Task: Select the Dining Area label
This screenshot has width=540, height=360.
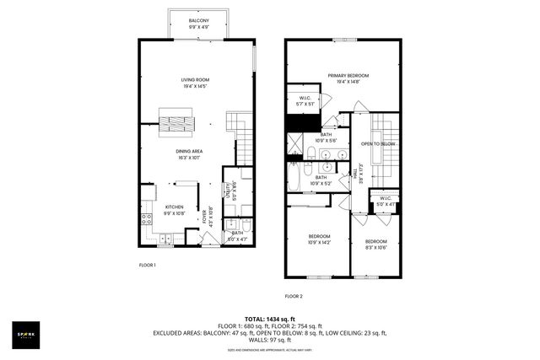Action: (189, 153)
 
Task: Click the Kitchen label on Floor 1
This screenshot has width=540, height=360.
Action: (174, 209)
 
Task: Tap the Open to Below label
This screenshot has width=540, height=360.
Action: (379, 144)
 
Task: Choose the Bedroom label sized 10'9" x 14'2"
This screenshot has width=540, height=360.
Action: (318, 239)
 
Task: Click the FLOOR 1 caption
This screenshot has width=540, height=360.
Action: (148, 265)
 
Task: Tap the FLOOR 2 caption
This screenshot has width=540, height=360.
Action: (293, 296)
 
